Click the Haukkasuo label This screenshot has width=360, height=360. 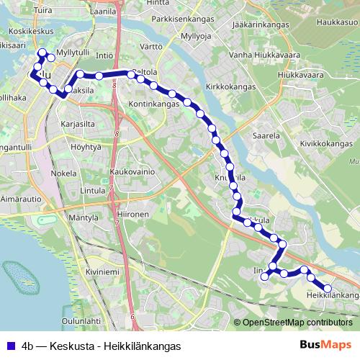point(336,22)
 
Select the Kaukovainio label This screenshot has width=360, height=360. point(133,173)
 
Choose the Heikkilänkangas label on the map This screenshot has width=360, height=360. point(332,295)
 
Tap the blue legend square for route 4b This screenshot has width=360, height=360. point(10,346)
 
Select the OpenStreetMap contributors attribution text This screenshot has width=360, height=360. point(296,322)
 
